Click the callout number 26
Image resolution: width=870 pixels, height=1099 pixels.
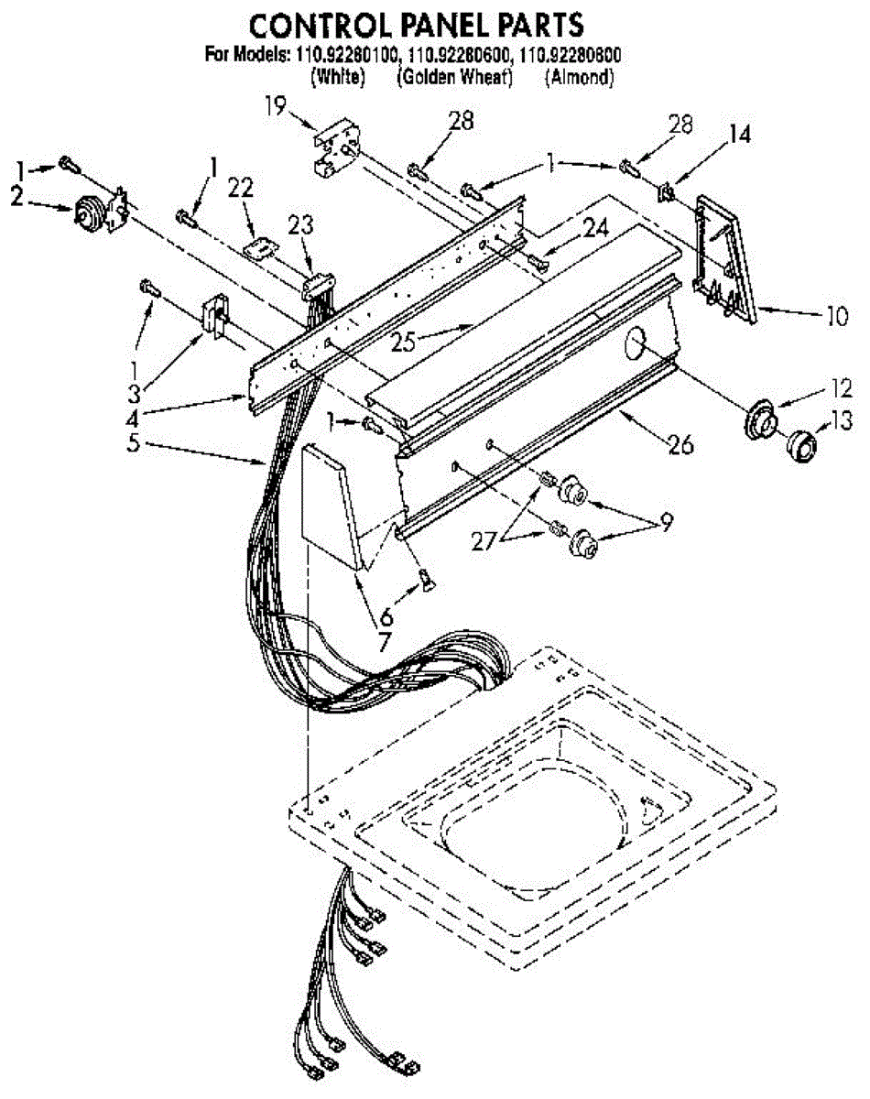(x=680, y=445)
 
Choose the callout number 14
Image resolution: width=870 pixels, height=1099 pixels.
(x=739, y=135)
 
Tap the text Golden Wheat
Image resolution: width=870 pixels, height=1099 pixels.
(x=454, y=78)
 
